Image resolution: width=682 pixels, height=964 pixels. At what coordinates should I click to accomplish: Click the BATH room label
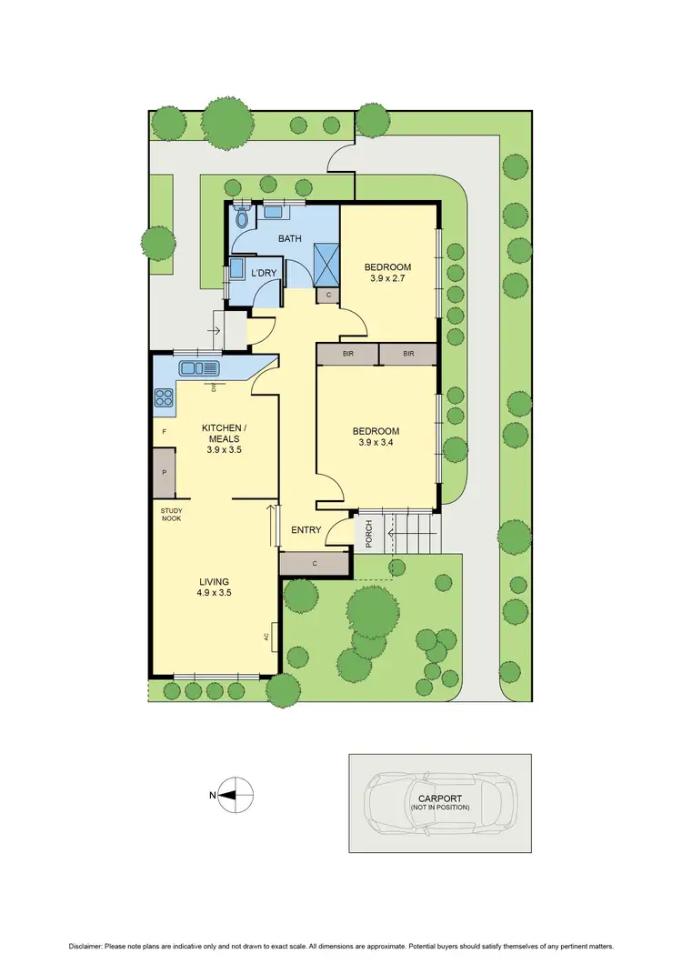290,240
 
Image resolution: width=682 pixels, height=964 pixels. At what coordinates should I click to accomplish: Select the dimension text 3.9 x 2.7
387,280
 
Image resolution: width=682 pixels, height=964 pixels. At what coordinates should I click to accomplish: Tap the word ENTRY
306,529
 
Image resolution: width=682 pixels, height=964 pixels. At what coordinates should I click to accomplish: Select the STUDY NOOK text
172,514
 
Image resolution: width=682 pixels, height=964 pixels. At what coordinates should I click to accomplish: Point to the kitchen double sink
200,368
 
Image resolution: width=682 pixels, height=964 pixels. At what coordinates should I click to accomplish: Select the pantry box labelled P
164,473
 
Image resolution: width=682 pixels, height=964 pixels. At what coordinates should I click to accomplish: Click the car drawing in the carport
438,803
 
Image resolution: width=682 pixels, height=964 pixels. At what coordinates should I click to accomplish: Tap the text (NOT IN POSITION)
439,808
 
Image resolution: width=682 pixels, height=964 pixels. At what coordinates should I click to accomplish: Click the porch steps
415,533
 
